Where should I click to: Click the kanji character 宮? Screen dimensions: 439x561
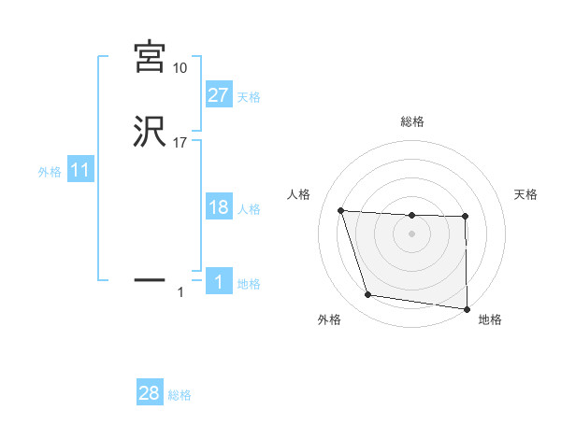pyautogui.click(x=150, y=57)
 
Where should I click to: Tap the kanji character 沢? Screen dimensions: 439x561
pyautogui.click(x=150, y=133)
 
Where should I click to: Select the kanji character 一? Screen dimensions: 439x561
pyautogui.click(x=150, y=279)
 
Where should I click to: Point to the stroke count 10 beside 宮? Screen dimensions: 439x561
pyautogui.click(x=180, y=68)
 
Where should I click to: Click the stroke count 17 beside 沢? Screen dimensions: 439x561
pyautogui.click(x=180, y=143)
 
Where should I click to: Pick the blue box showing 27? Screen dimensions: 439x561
pyautogui.click(x=218, y=94)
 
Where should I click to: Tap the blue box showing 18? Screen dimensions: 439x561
pyautogui.click(x=218, y=207)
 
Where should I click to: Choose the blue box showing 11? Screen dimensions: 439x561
pyautogui.click(x=79, y=171)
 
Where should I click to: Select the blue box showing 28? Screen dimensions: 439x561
pyautogui.click(x=150, y=393)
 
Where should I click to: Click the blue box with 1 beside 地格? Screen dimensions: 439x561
pyautogui.click(x=218, y=282)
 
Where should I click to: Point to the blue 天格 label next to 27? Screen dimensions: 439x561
pyautogui.click(x=249, y=96)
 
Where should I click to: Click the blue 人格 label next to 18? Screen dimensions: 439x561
pyautogui.click(x=249, y=209)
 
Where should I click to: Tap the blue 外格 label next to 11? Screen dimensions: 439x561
pyautogui.click(x=49, y=172)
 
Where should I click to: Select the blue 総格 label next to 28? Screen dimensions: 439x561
pyautogui.click(x=180, y=395)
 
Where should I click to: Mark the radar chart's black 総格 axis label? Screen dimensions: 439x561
pyautogui.click(x=411, y=121)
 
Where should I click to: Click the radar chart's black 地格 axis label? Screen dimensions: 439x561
pyautogui.click(x=490, y=319)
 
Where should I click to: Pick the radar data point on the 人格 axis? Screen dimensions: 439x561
pyautogui.click(x=341, y=210)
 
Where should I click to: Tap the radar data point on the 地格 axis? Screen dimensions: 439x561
pyautogui.click(x=467, y=308)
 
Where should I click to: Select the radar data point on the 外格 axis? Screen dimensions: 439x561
pyautogui.click(x=368, y=295)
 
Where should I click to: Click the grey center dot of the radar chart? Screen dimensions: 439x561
pyautogui.click(x=411, y=234)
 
